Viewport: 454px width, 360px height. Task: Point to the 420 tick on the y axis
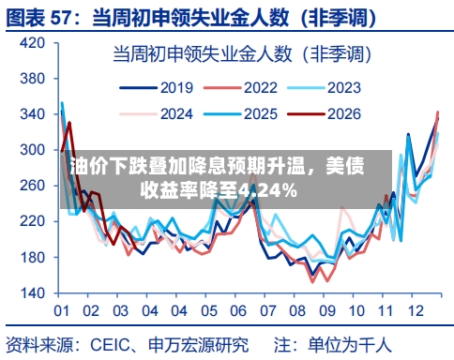(31, 43)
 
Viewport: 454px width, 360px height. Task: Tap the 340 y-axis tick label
(31, 114)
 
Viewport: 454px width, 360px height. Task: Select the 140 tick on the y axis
(31, 292)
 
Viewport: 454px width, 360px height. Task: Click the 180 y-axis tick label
(31, 257)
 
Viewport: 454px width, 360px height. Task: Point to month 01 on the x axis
(62, 311)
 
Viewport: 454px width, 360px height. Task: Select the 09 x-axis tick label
(326, 311)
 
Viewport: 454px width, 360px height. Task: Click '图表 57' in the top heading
(47, 17)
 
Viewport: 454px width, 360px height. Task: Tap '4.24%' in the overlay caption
(267, 191)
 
